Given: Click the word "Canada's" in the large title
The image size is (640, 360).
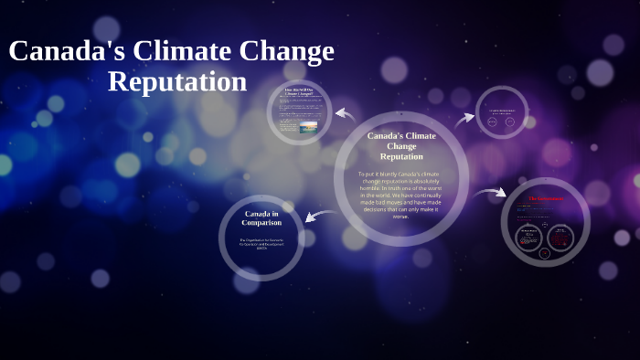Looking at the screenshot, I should coord(67,51).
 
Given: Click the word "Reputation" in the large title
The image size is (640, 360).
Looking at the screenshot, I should coord(176,81).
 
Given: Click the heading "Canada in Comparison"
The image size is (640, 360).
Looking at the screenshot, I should coord(261,217).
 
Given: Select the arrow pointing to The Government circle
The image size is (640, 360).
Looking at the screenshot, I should coord(490,192).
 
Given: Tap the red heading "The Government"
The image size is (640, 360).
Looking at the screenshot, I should coord(546,198).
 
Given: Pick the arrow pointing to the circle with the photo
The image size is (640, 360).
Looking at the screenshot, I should coord(346,113).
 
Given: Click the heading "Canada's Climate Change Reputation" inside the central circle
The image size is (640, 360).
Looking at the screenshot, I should coord(401,145).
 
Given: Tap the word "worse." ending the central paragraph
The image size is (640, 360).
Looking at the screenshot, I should coord(400,217).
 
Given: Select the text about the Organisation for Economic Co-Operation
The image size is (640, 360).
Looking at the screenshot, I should coord(261,244).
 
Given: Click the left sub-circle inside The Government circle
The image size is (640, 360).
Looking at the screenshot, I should coord(528,237).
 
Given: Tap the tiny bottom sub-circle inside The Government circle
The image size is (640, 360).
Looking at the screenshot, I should coord(546,252).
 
